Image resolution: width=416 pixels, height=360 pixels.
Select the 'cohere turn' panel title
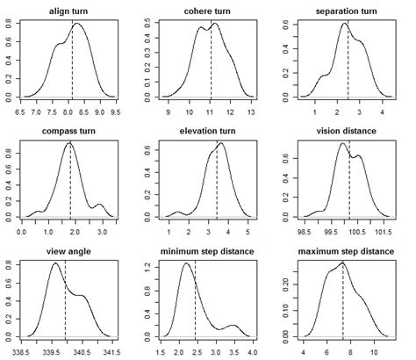point(210,10)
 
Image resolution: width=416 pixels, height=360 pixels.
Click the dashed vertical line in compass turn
point(71,180)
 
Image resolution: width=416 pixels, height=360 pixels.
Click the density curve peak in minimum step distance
point(188,264)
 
